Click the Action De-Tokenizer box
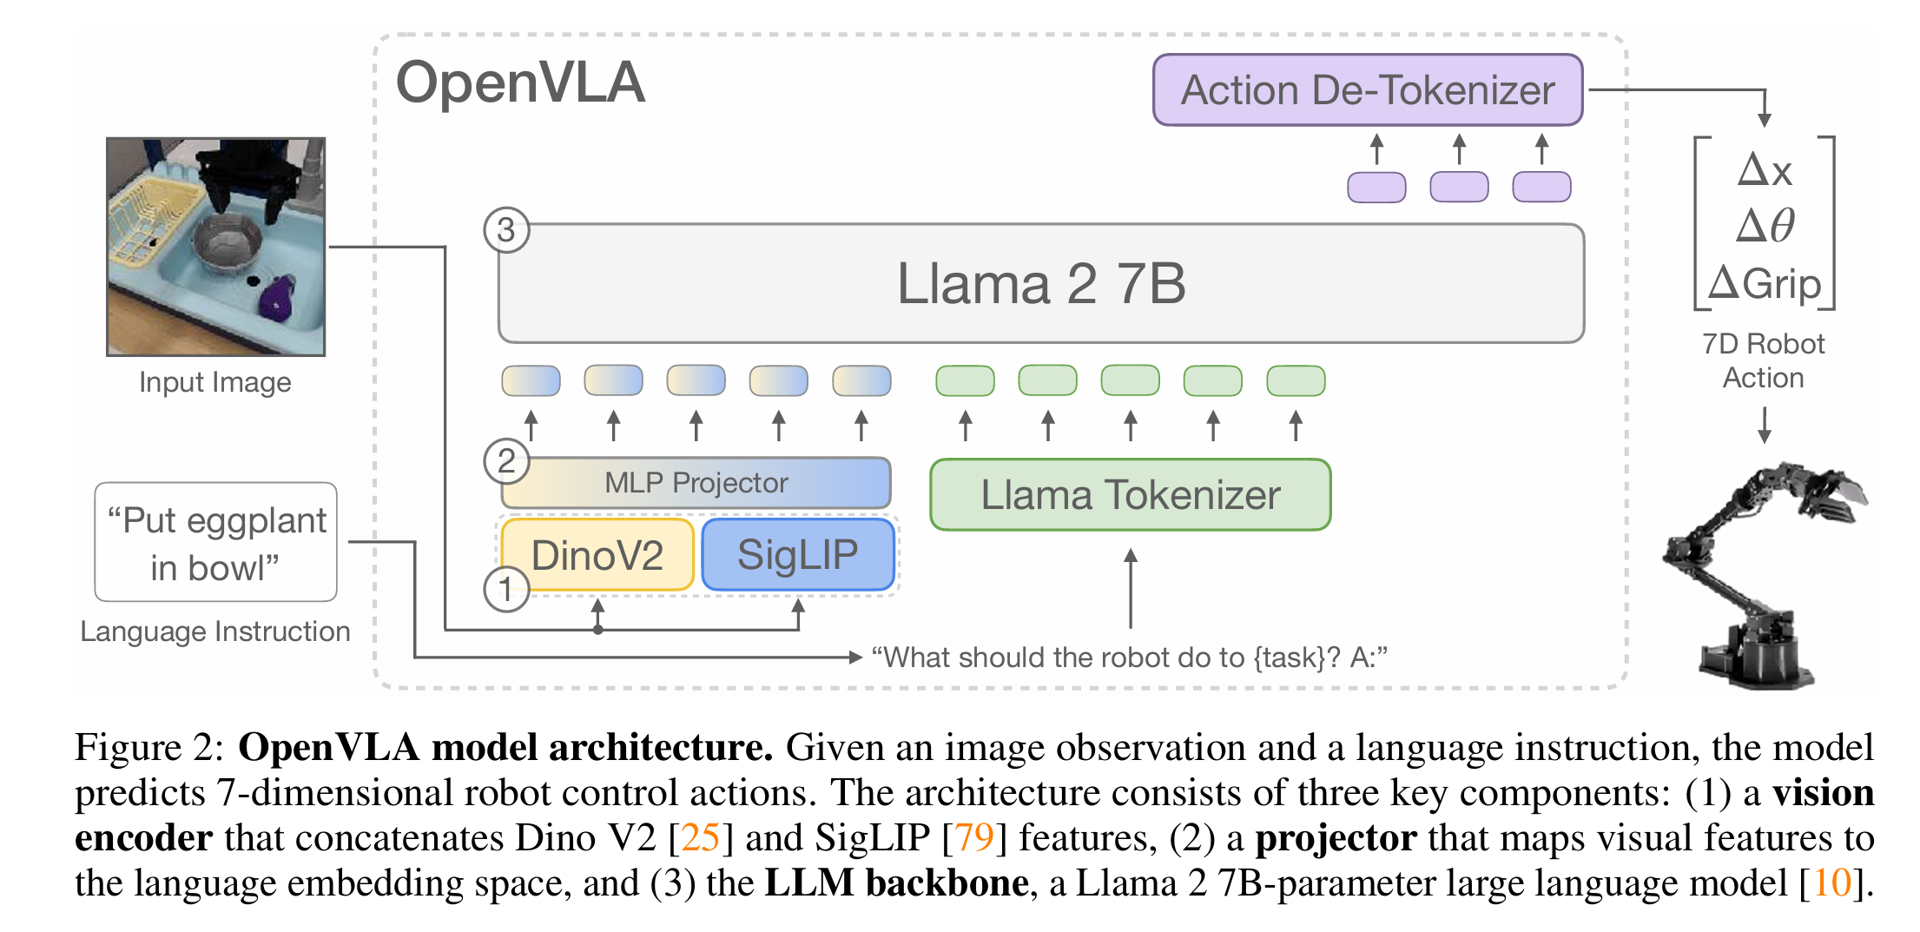(1367, 90)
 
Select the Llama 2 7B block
(1040, 284)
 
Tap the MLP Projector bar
(696, 483)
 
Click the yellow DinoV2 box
(597, 555)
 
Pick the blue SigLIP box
(797, 555)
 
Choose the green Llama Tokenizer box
(1130, 495)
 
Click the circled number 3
(506, 230)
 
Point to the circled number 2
(506, 461)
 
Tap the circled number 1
(506, 590)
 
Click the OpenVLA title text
(520, 83)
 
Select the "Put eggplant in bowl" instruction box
(215, 543)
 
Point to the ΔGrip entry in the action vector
(1765, 284)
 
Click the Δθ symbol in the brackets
(1765, 226)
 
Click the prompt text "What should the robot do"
(1059, 658)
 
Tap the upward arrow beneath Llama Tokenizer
(1130, 586)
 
